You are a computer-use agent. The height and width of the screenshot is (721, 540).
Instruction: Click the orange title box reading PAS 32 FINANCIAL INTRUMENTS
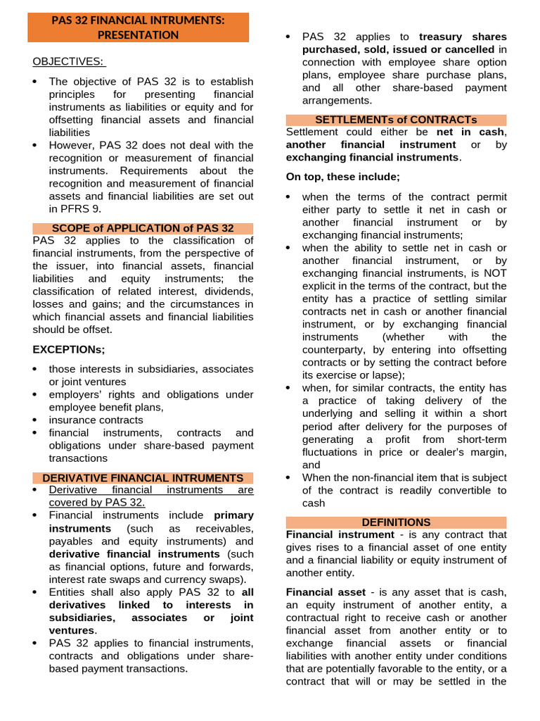tap(139, 27)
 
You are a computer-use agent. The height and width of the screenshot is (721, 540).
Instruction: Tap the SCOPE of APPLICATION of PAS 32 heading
tap(143, 228)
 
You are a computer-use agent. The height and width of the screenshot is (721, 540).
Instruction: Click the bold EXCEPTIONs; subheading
tap(68, 349)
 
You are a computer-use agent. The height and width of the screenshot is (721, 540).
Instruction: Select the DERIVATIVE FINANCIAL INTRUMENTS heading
tap(143, 477)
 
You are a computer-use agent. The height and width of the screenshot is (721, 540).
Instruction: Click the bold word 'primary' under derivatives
tap(233, 515)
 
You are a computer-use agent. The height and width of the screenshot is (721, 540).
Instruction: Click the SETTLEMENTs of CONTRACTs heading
tap(396, 120)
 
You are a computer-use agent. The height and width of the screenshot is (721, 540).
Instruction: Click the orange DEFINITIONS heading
tap(396, 522)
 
